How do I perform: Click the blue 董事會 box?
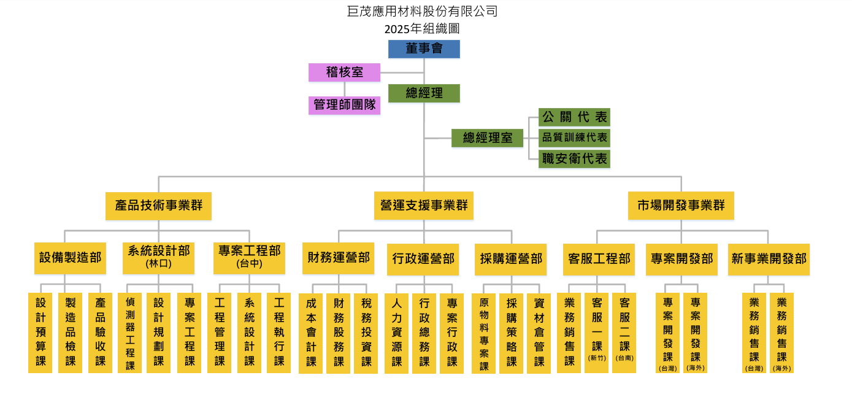point(424,49)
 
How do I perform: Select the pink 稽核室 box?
point(344,72)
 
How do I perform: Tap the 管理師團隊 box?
point(344,105)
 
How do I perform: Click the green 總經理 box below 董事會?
point(424,93)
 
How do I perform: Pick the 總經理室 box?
point(487,138)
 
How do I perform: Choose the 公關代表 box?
point(574,117)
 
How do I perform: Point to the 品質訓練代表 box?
point(574,138)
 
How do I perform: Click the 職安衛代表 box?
point(574,159)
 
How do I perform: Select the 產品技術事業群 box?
point(158,206)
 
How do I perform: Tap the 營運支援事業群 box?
point(424,206)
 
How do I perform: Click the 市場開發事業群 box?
point(681,206)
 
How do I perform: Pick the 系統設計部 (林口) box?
point(158,258)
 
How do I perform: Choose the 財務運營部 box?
point(339,258)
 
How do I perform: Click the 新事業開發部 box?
point(769,259)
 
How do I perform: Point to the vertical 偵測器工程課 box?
point(130,333)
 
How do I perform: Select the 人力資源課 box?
point(396,333)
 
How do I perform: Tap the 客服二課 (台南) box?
point(625,332)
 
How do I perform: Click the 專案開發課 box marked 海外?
point(696,333)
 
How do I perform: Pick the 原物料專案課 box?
point(484,333)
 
